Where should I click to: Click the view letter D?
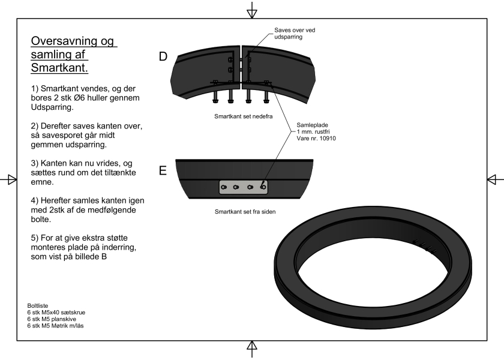[163, 57]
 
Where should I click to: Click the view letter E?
[163, 171]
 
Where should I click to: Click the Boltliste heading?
[38, 305]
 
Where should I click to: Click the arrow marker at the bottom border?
[252, 347]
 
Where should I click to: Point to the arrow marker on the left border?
[8, 179]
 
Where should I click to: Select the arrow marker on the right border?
[494, 179]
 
